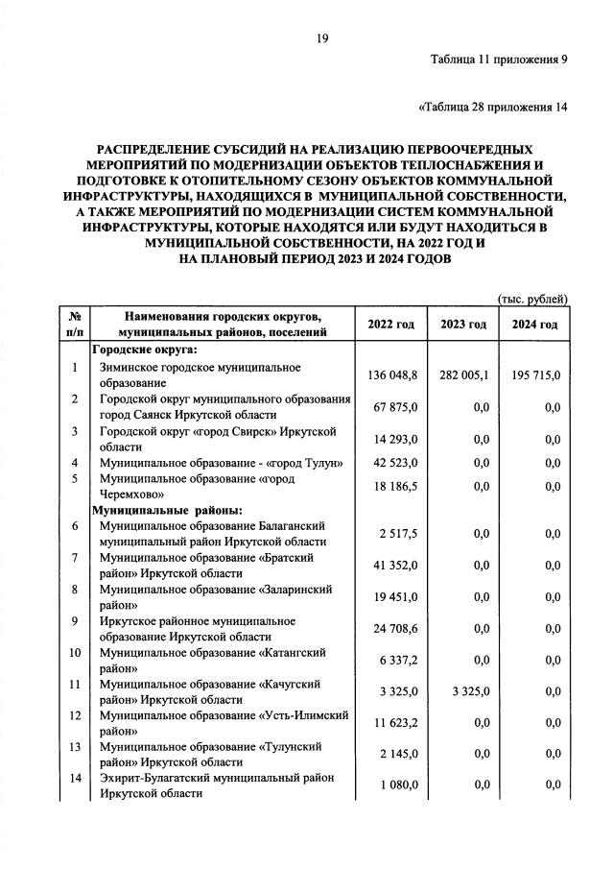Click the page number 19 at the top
(322, 37)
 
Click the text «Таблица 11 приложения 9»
(499, 60)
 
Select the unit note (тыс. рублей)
(532, 300)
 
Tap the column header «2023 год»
(464, 325)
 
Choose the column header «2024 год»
(534, 325)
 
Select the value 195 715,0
(534, 375)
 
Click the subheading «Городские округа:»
(144, 350)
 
